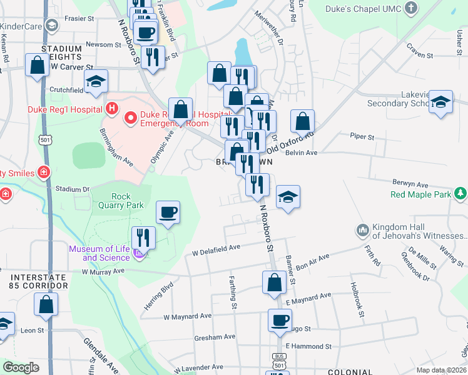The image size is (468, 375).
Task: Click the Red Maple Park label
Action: [x=420, y=194]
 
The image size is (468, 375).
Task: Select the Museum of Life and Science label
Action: [x=99, y=253]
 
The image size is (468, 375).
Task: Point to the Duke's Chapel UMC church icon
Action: [x=410, y=9]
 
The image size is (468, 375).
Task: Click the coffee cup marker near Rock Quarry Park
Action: [x=168, y=213]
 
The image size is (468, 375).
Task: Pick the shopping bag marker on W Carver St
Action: [x=37, y=65]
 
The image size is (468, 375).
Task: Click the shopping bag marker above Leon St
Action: [x=46, y=305]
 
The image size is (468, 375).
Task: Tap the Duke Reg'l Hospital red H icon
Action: [x=112, y=109]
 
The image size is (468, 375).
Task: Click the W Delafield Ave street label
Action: [x=216, y=251]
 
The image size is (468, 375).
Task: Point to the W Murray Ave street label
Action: [x=103, y=271]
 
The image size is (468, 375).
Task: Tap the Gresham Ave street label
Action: [x=216, y=336]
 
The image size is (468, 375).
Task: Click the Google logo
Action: [x=21, y=367]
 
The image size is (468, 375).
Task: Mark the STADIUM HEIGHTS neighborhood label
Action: [x=61, y=53]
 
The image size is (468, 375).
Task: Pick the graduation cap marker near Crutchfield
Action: [x=96, y=82]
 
